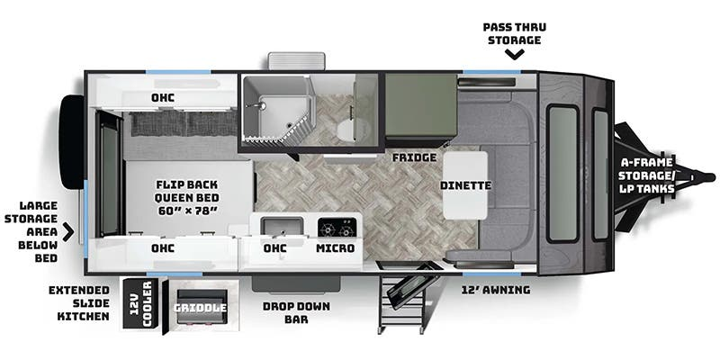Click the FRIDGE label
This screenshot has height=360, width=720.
click(x=414, y=157)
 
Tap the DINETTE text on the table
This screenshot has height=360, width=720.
click(x=465, y=185)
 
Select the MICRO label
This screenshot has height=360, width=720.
click(x=335, y=248)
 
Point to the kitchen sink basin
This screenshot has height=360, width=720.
click(x=282, y=226)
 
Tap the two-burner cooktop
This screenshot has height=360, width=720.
click(x=337, y=227)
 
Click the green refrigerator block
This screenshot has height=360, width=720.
click(x=420, y=104)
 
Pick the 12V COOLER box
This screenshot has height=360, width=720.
click(x=140, y=303)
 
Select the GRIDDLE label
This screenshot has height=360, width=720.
click(x=200, y=308)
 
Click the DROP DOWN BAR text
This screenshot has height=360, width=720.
click(x=296, y=312)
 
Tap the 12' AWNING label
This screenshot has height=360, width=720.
click(x=496, y=290)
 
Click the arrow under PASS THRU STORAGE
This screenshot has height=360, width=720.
click(x=515, y=55)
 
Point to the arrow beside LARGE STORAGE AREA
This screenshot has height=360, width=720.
click(x=68, y=232)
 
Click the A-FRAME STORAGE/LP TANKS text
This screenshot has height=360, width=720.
click(x=646, y=175)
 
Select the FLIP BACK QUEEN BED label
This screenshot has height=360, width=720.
click(x=186, y=198)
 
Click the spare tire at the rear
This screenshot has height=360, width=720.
click(x=72, y=142)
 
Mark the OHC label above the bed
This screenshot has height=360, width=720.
click(x=163, y=98)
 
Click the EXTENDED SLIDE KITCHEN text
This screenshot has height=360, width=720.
click(x=79, y=303)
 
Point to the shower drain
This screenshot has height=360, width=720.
click(x=288, y=125)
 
